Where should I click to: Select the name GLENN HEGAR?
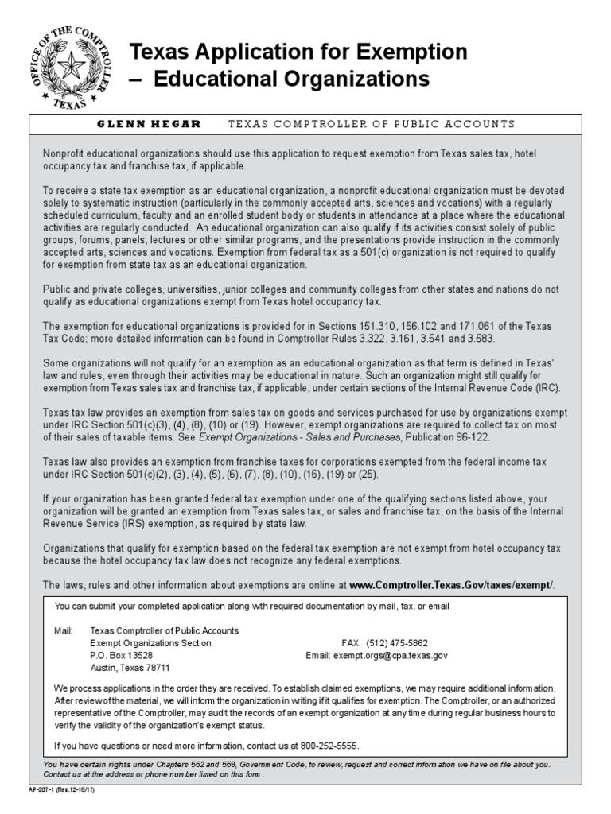click(149, 124)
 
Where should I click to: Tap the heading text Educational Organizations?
click(290, 79)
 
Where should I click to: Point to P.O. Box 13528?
click(121, 656)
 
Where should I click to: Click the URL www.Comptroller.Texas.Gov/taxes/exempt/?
click(450, 585)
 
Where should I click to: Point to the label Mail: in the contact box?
click(63, 630)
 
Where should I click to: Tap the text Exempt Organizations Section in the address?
click(150, 642)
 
